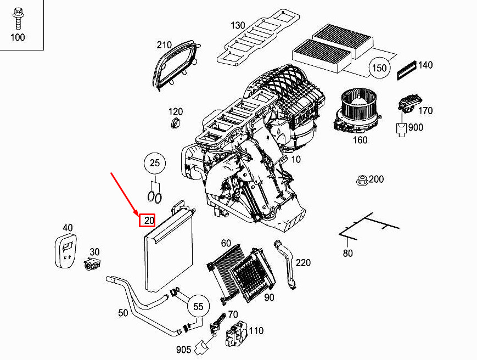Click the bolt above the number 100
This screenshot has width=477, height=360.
(18, 18)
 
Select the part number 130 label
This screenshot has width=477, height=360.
(238, 25)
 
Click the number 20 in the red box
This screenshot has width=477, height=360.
(148, 220)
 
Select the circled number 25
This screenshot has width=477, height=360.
(155, 163)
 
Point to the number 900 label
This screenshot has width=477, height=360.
(416, 127)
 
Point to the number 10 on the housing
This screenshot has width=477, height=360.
(296, 159)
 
